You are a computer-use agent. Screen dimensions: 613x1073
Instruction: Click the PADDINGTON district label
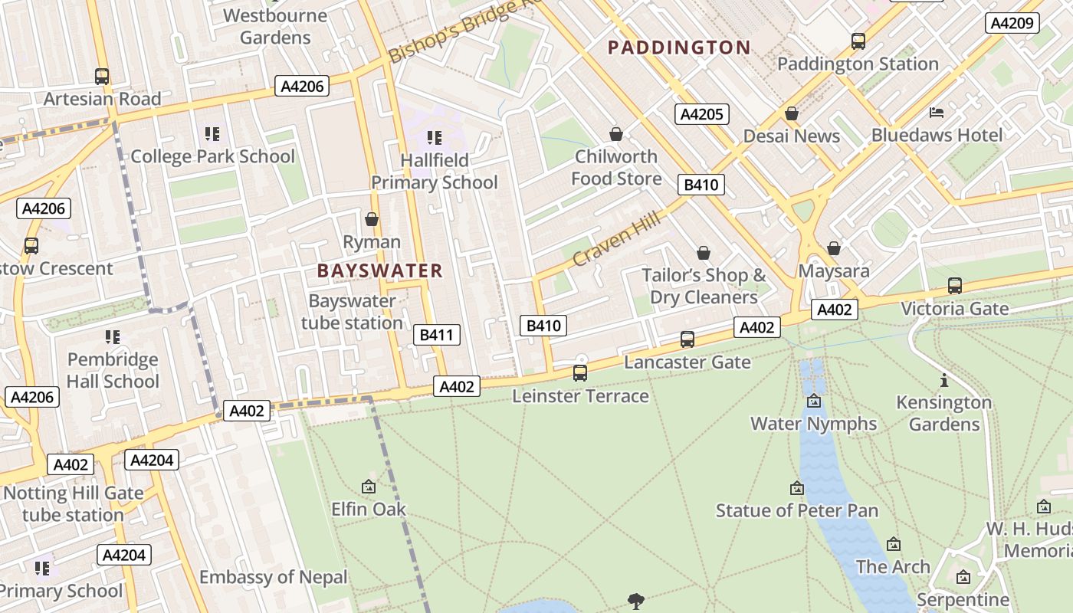click(679, 48)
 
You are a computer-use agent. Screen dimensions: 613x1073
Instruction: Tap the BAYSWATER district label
click(380, 270)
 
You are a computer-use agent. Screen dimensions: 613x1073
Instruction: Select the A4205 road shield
click(701, 114)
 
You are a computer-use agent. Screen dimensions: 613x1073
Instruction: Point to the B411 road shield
click(437, 335)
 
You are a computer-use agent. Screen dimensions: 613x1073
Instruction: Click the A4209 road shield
click(1012, 23)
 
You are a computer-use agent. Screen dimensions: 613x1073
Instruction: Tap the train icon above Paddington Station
click(858, 41)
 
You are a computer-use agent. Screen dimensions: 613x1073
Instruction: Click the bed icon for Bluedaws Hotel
click(937, 113)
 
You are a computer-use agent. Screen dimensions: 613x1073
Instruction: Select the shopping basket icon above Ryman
click(372, 220)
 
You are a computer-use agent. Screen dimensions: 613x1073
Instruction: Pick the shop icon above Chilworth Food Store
click(615, 135)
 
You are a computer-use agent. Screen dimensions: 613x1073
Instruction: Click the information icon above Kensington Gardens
click(944, 380)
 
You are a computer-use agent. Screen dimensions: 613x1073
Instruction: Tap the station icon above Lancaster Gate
click(687, 339)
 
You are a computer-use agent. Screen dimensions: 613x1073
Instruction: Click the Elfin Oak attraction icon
click(368, 487)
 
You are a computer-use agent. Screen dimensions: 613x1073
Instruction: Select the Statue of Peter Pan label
click(797, 510)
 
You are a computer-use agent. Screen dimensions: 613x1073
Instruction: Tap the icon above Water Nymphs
click(814, 401)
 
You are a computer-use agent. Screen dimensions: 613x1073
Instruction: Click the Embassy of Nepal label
click(274, 577)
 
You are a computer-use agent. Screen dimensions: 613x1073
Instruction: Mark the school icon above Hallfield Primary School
click(435, 138)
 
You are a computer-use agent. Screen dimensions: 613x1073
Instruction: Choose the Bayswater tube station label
click(352, 312)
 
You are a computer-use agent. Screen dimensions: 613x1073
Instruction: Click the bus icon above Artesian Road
click(102, 77)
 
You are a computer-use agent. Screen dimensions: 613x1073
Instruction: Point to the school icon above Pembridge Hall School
click(113, 337)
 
